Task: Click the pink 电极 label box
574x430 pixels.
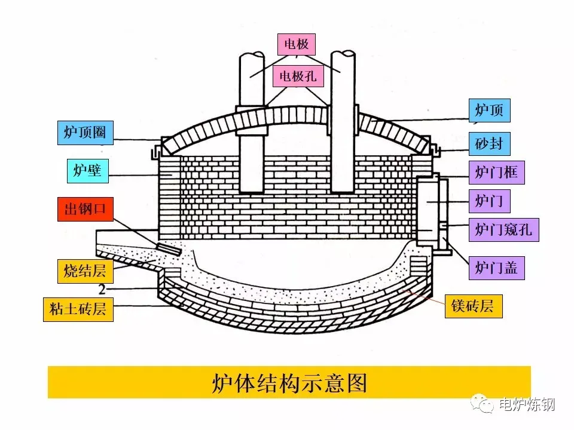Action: pyautogui.click(x=296, y=44)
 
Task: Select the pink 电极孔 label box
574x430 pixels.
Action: pyautogui.click(x=296, y=76)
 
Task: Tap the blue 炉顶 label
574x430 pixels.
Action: pyautogui.click(x=489, y=110)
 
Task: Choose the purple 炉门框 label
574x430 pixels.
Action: pyautogui.click(x=496, y=173)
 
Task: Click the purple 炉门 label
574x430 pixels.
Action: pyautogui.click(x=489, y=201)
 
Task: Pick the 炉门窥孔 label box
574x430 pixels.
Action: pyautogui.click(x=503, y=229)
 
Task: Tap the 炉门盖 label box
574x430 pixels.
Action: pyautogui.click(x=496, y=268)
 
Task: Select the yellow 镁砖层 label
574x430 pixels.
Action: pyautogui.click(x=473, y=306)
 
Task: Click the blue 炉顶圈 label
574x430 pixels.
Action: pyautogui.click(x=85, y=133)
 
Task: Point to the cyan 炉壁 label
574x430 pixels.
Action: pyautogui.click(x=87, y=171)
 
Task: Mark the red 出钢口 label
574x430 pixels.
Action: pyautogui.click(x=85, y=209)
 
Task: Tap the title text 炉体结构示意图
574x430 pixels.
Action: pyautogui.click(x=289, y=383)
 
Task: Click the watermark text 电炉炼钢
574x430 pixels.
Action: pyautogui.click(x=526, y=405)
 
